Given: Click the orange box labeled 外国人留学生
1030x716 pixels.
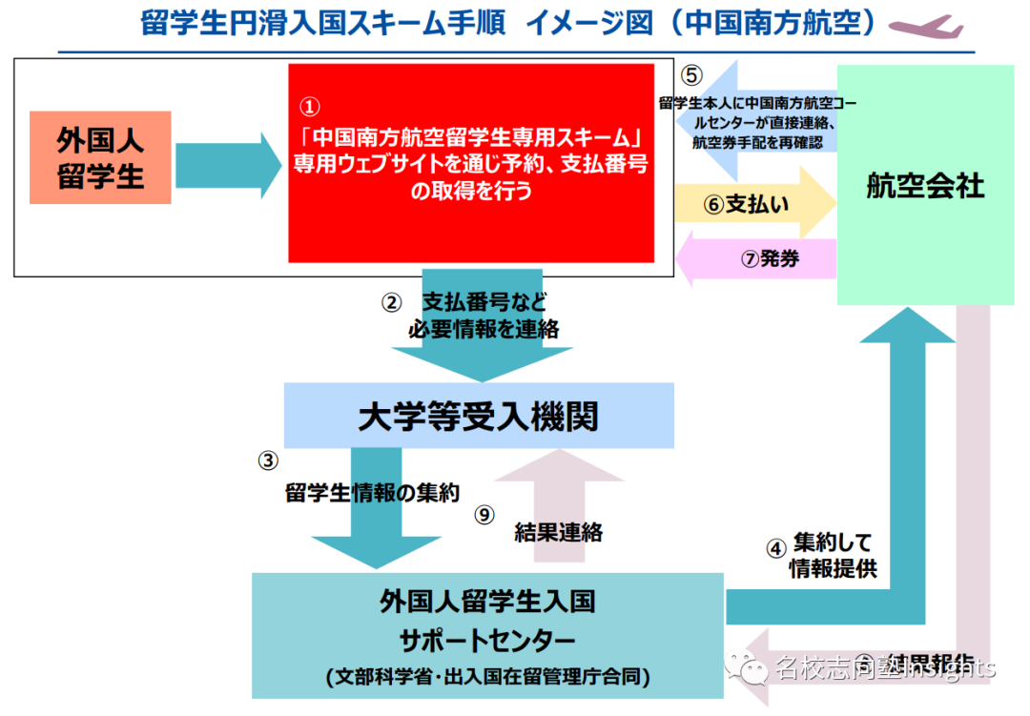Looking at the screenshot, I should [100, 157].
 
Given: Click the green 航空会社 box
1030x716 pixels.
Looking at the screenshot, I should [925, 185].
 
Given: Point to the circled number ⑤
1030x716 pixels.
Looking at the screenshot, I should [691, 76].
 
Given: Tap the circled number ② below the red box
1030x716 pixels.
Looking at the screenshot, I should [391, 303].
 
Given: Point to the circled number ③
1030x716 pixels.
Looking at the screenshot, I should [269, 460].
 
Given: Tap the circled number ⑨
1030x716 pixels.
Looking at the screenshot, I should [485, 515].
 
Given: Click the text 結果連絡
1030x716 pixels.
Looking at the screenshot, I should [558, 532].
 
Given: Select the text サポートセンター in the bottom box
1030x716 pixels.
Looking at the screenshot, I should [487, 638].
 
